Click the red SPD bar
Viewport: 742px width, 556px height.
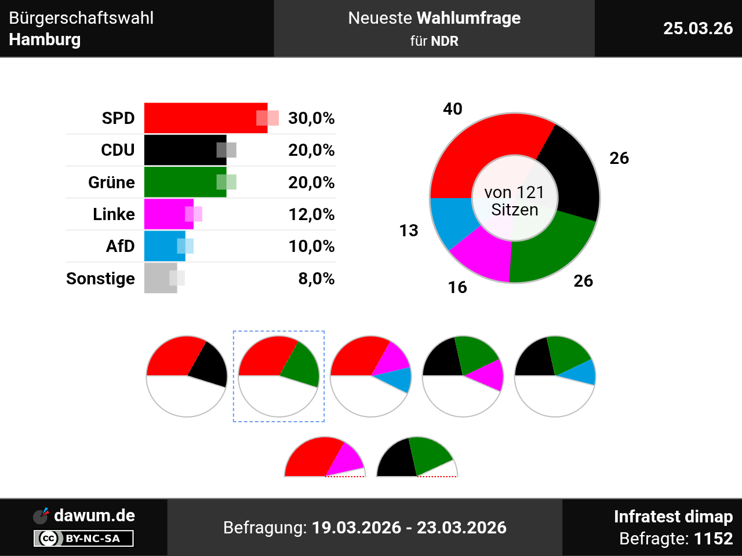coord(203,118)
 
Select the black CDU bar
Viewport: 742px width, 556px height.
coord(183,150)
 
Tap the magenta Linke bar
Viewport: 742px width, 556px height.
coord(166,214)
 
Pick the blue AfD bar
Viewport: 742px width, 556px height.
coord(163,246)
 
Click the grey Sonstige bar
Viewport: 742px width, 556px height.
coord(158,278)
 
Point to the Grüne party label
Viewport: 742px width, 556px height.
coord(111,182)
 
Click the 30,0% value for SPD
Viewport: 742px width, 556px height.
coord(311,118)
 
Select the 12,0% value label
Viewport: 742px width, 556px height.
coord(311,214)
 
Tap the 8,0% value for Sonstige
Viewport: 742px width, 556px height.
coord(316,279)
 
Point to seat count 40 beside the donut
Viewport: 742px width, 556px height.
coord(453,109)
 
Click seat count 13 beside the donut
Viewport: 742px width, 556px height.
coord(409,231)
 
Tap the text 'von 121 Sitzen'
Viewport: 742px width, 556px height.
coord(515,201)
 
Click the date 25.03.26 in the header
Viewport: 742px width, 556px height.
coord(698,28)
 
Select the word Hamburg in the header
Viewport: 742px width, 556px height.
coord(45,39)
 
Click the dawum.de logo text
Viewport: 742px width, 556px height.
coord(94,515)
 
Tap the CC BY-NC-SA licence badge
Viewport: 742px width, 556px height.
coord(83,539)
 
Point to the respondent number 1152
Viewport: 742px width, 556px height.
coord(713,539)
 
